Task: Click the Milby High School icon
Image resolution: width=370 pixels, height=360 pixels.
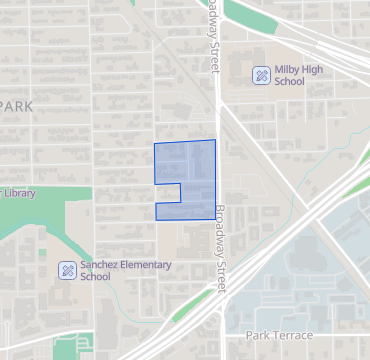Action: click(x=260, y=74)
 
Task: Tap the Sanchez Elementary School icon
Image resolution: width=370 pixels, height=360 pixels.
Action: click(x=67, y=270)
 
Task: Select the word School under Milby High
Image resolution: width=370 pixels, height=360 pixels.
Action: click(x=288, y=82)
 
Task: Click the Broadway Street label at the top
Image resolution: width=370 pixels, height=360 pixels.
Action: click(x=212, y=35)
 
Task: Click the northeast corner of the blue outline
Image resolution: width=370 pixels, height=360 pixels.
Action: click(x=214, y=141)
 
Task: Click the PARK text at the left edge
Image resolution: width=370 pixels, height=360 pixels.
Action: click(x=17, y=105)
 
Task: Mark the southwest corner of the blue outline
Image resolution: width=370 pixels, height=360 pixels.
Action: click(x=156, y=220)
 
